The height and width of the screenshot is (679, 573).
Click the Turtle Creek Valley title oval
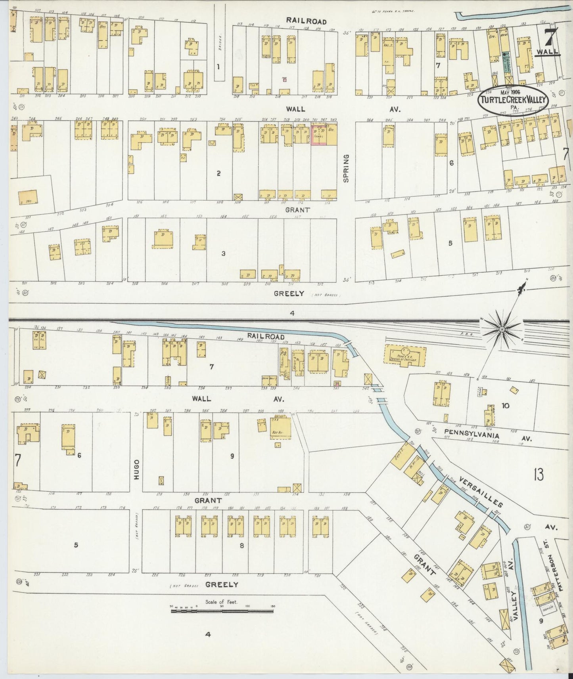514,100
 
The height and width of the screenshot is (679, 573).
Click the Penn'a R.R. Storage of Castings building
404,354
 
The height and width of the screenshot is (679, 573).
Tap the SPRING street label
346,168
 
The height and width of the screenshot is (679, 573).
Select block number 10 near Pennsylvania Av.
505,405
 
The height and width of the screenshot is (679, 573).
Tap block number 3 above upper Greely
223,253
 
